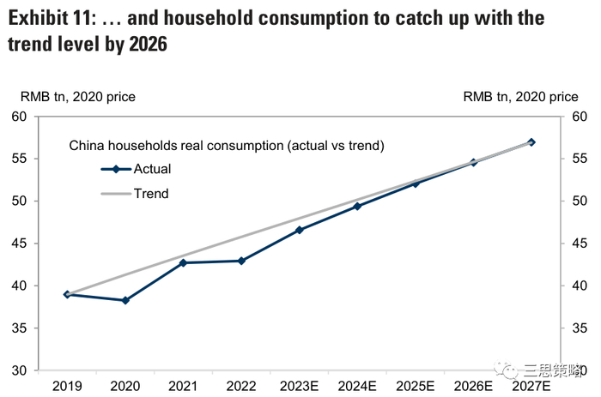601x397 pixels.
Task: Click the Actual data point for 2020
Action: pyautogui.click(x=125, y=300)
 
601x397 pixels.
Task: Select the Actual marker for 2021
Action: pyautogui.click(x=183, y=262)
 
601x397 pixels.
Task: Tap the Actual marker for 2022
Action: pyautogui.click(x=241, y=261)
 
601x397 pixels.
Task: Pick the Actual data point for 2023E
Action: pyautogui.click(x=299, y=230)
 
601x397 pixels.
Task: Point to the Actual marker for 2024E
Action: pyautogui.click(x=357, y=206)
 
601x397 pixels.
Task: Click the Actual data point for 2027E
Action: pyautogui.click(x=531, y=142)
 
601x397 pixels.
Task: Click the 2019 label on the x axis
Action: pyautogui.click(x=67, y=387)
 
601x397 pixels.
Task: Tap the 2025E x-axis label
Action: pyautogui.click(x=416, y=387)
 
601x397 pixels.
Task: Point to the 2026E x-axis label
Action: pyautogui.click(x=473, y=387)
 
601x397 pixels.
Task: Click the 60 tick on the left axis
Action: pyautogui.click(x=18, y=117)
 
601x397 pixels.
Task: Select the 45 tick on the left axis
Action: pyautogui.click(x=18, y=244)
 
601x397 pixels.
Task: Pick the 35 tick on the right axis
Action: pyautogui.click(x=579, y=328)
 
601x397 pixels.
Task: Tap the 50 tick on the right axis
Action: pyautogui.click(x=579, y=202)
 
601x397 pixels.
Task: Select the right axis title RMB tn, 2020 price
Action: pyautogui.click(x=520, y=98)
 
